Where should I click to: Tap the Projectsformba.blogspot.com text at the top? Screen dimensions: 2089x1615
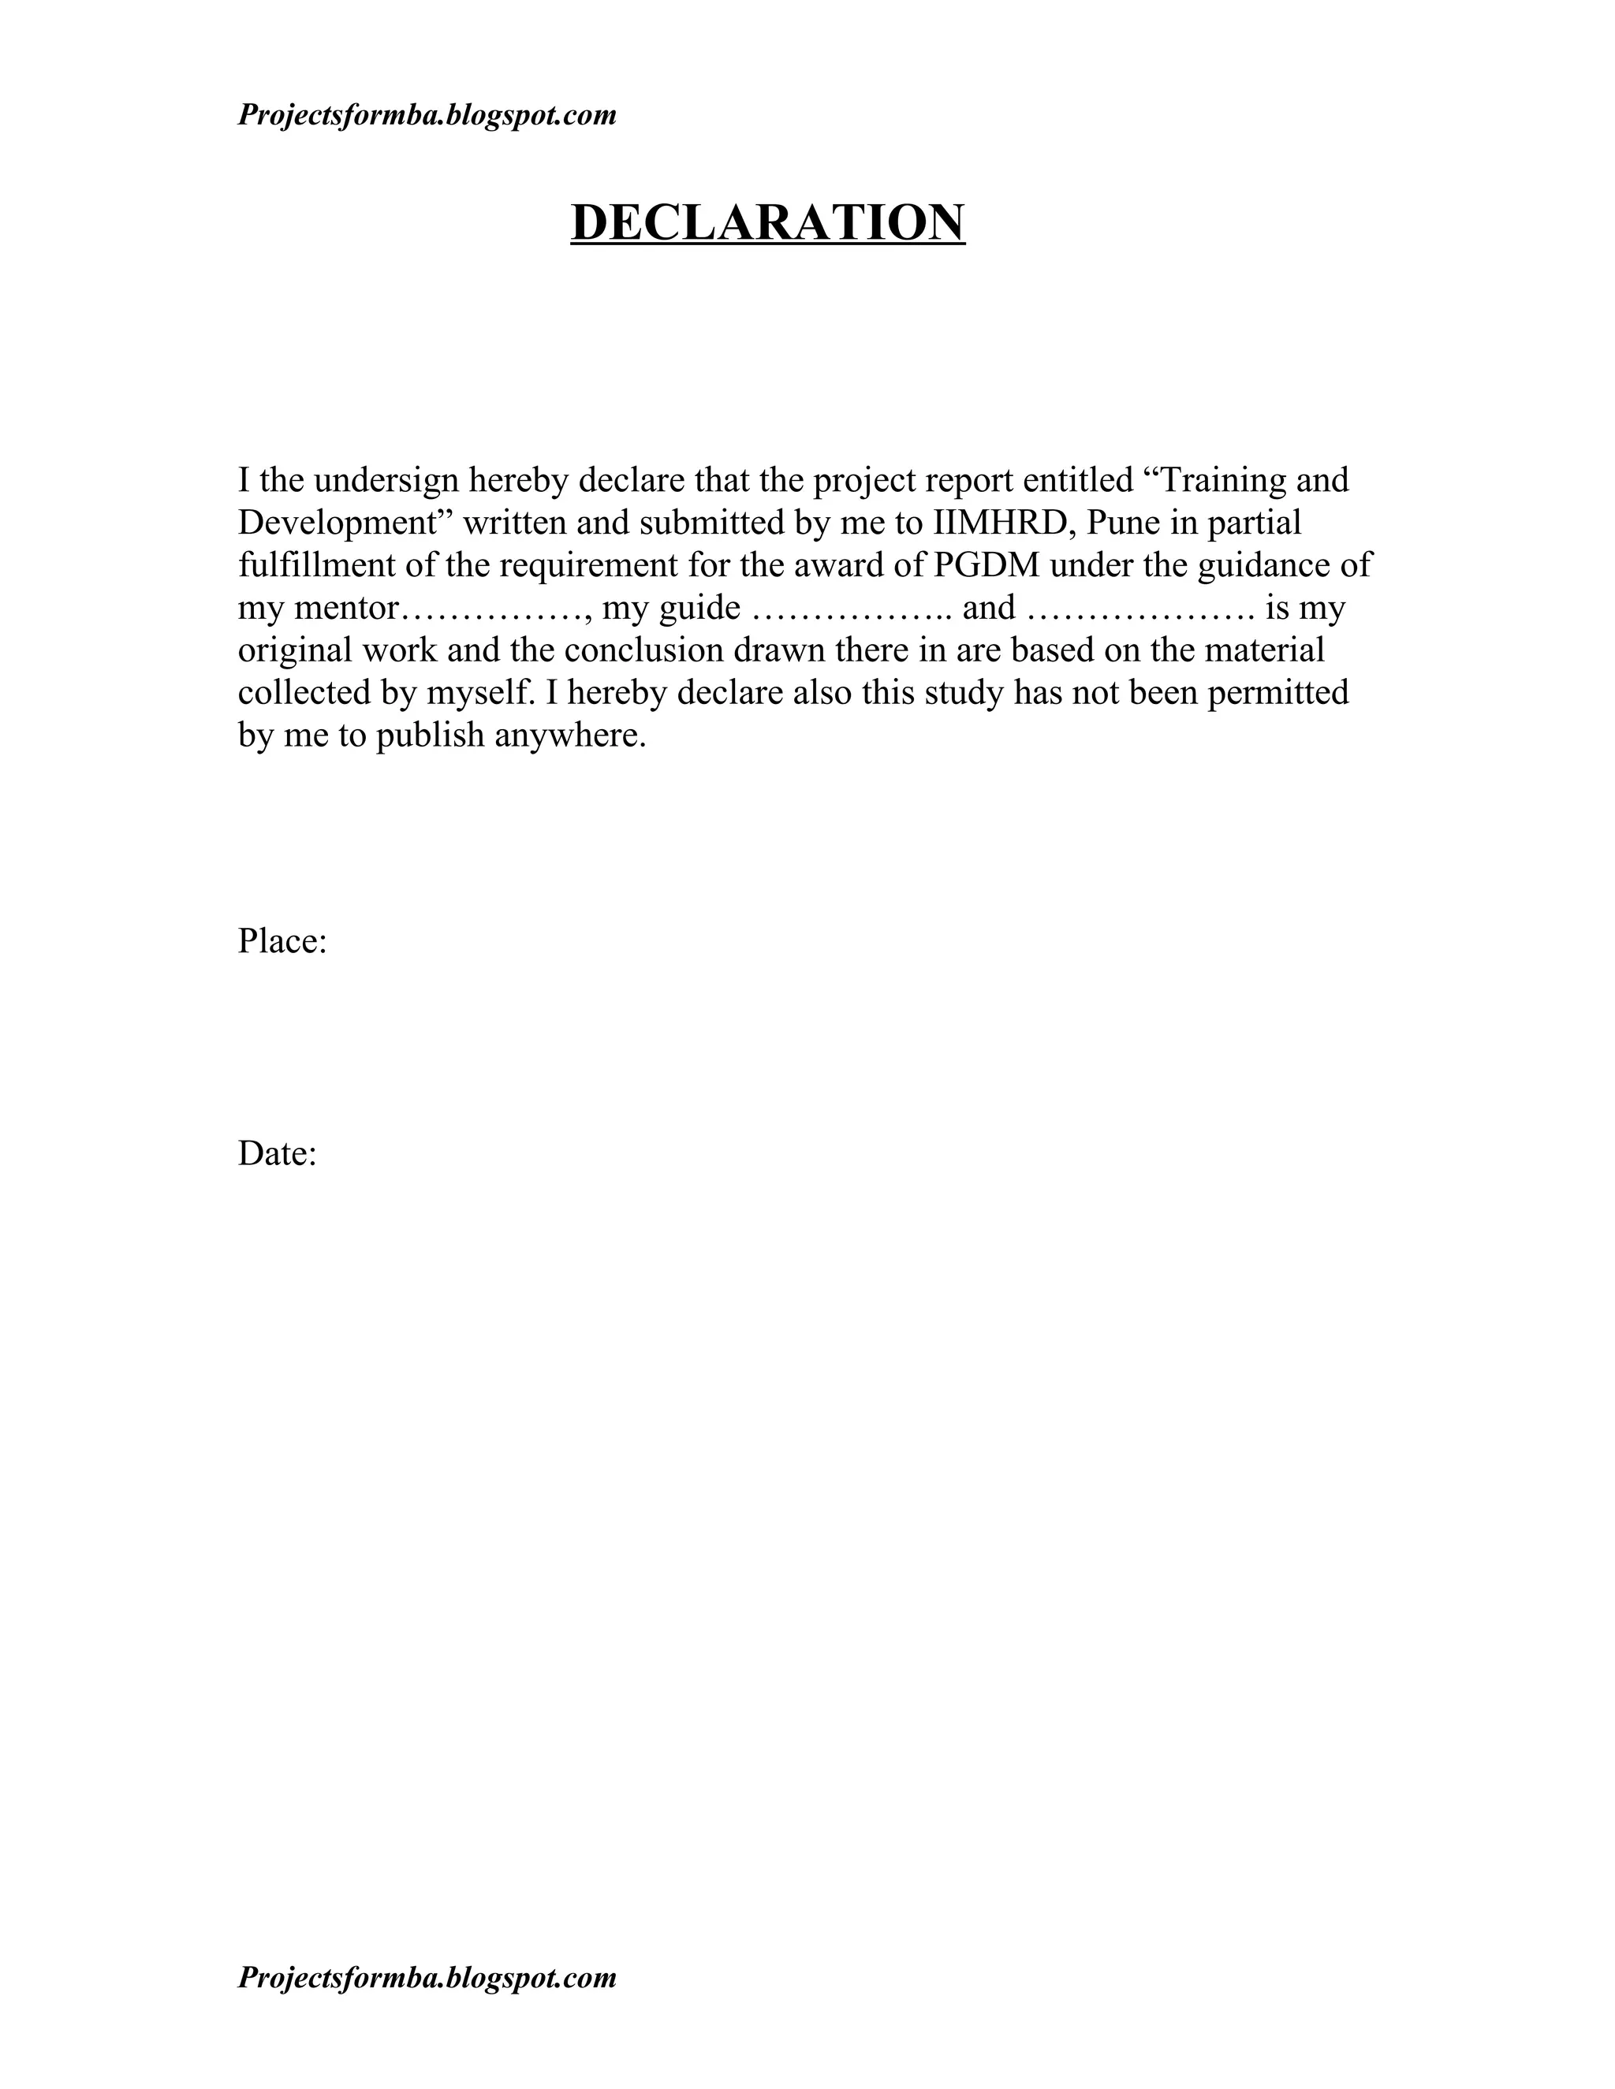tap(427, 116)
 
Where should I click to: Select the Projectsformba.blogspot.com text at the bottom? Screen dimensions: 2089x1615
tap(427, 1977)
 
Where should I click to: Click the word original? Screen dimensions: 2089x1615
tap(295, 651)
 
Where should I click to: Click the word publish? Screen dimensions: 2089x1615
tap(430, 735)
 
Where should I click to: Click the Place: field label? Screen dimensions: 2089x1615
tap(282, 942)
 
